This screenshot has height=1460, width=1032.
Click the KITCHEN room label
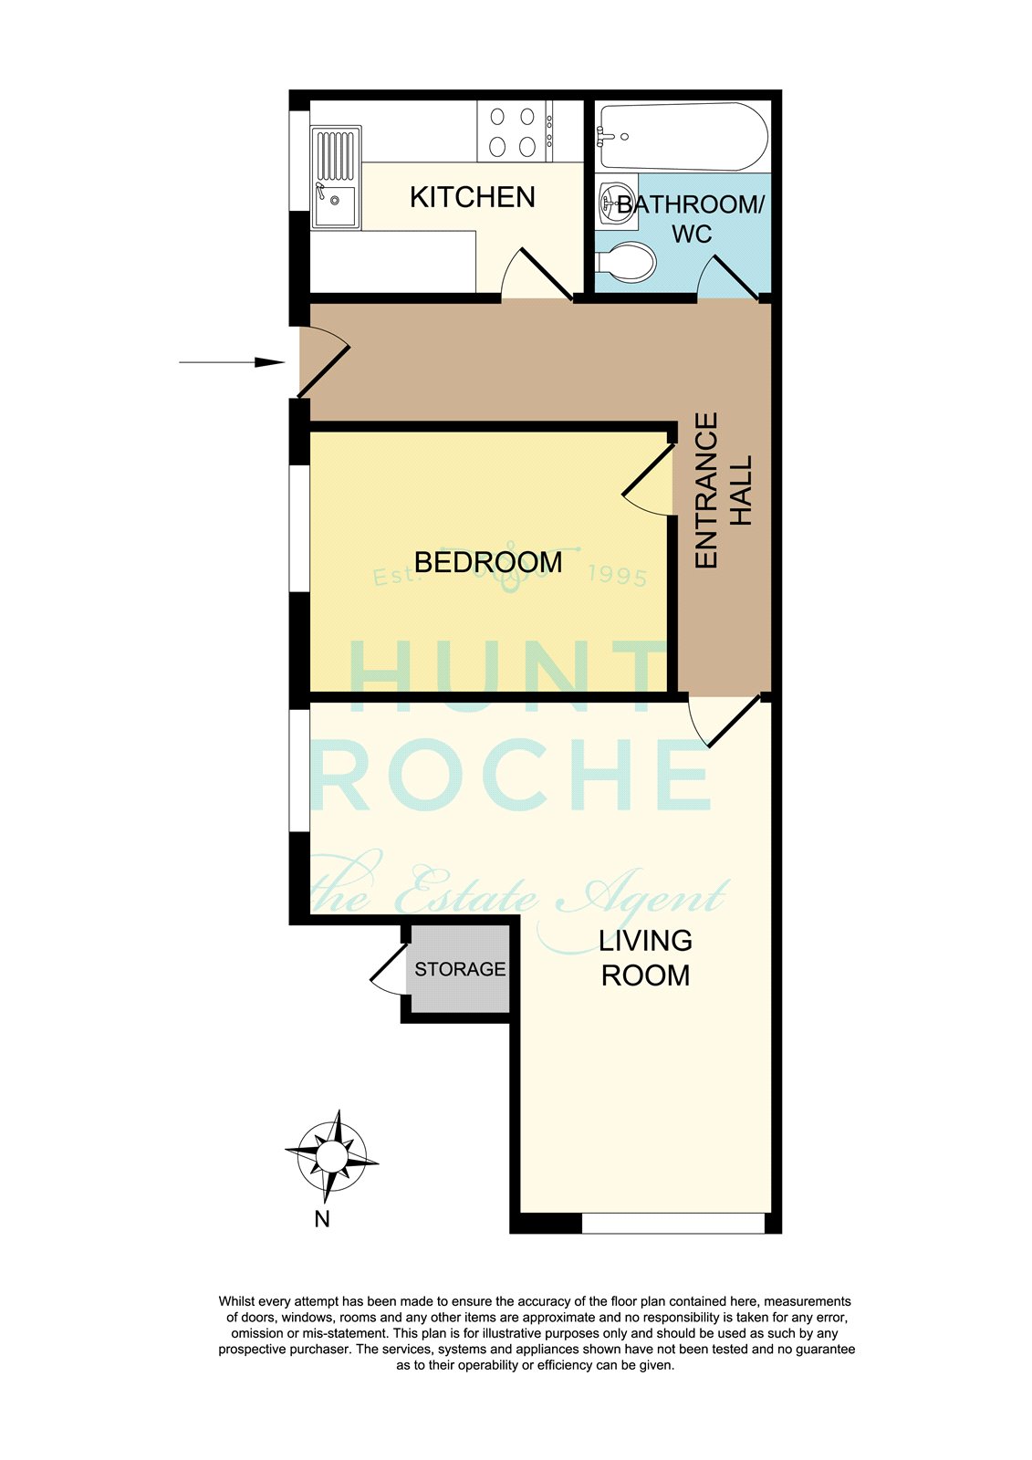(472, 197)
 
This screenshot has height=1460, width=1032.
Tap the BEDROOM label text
(487, 562)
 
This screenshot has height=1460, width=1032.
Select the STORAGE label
(460, 969)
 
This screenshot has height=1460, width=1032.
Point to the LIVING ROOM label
(645, 957)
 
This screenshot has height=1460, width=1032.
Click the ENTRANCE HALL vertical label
(723, 490)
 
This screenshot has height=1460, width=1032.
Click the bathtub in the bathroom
(683, 136)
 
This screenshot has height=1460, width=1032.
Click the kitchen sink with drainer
(336, 178)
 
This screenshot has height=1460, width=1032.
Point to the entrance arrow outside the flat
(232, 361)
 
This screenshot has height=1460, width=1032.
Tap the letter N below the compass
(322, 1218)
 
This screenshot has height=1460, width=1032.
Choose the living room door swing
(725, 721)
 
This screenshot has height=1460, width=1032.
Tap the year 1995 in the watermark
(618, 576)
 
